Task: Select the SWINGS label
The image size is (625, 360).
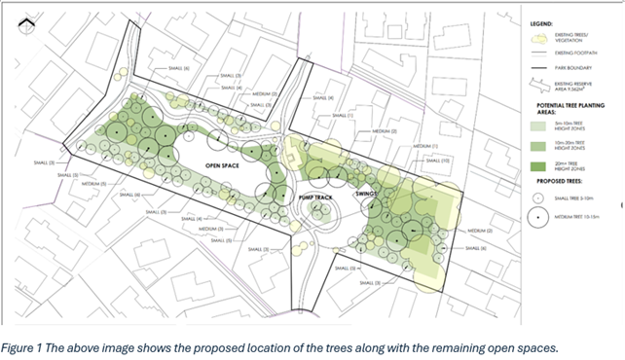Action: pyautogui.click(x=368, y=194)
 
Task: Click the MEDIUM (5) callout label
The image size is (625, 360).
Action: pyautogui.click(x=94, y=183)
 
